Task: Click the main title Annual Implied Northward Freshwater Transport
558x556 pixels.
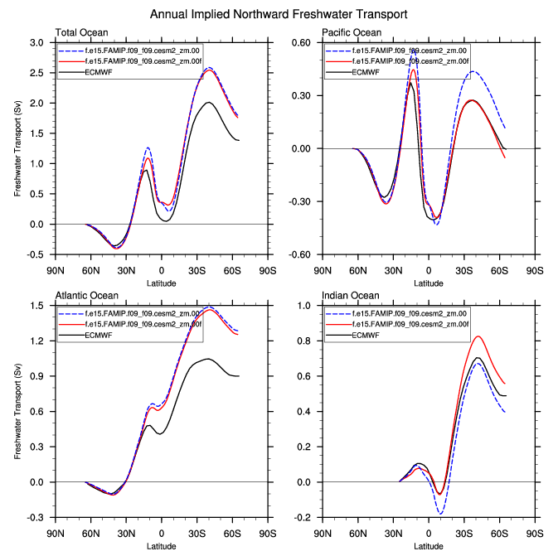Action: (x=279, y=15)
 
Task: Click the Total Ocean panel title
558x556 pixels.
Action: (x=80, y=33)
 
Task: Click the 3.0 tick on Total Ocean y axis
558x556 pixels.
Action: (x=37, y=42)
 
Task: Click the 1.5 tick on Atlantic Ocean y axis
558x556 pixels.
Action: (x=37, y=306)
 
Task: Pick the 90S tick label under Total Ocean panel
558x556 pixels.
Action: (x=268, y=270)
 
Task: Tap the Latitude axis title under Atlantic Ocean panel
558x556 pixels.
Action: (x=161, y=546)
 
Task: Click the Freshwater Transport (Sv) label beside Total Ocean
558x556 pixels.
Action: (x=17, y=147)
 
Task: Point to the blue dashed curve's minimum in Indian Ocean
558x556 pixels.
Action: (x=441, y=514)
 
